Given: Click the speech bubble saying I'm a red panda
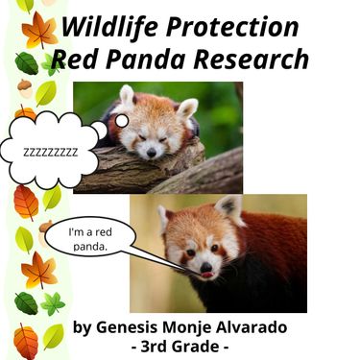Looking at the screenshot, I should click(92, 239).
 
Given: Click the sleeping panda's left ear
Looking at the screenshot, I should click(127, 96).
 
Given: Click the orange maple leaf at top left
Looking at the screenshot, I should click(39, 31).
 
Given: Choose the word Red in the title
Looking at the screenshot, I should click(72, 59).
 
